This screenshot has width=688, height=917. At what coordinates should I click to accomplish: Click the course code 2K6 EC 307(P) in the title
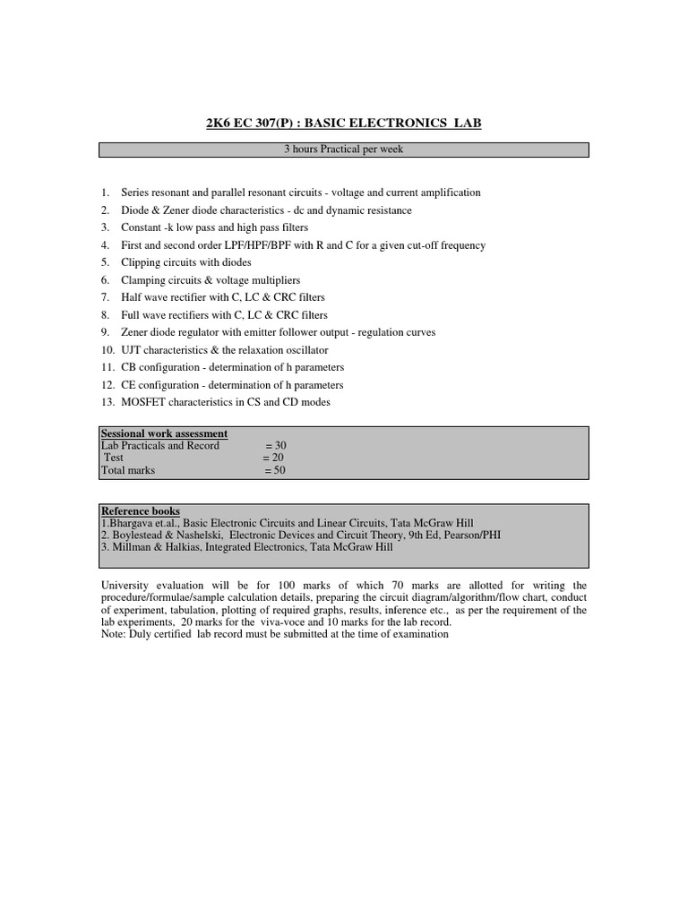[251, 123]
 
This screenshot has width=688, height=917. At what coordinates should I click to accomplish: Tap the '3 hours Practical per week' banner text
[343, 150]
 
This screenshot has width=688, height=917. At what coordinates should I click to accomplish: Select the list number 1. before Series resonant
[105, 193]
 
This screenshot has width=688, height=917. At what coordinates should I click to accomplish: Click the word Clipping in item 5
[140, 262]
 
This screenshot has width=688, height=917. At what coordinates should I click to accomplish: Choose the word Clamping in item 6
[142, 280]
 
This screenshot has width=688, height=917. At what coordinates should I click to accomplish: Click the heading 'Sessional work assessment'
[164, 433]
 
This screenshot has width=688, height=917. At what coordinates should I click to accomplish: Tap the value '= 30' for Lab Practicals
[276, 445]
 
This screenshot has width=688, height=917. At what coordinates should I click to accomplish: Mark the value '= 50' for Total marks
[274, 470]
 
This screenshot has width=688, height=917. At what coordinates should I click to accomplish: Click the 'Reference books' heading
[139, 510]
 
